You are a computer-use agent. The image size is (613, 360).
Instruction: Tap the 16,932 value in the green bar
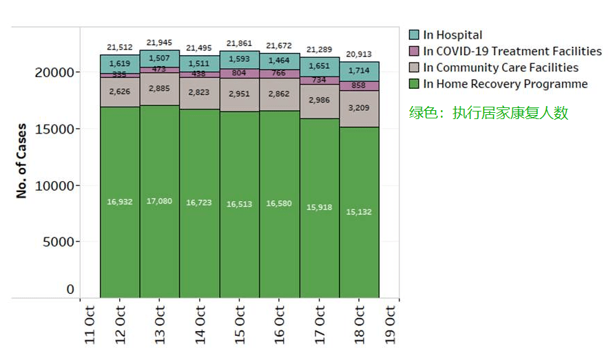(x=120, y=202)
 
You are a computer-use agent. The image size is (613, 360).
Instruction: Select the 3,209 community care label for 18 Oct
(x=360, y=108)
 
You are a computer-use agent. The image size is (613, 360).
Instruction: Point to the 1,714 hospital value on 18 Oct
(x=360, y=71)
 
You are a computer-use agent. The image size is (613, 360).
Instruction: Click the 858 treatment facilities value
(x=360, y=86)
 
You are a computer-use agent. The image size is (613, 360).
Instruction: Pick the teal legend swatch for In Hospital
(x=414, y=35)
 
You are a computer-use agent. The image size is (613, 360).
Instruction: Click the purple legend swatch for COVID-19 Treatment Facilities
(x=414, y=52)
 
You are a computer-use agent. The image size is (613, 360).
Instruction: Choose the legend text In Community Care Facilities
(x=501, y=67)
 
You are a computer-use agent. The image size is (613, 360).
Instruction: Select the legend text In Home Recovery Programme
(x=506, y=84)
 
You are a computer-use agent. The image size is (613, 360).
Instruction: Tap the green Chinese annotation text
(x=488, y=113)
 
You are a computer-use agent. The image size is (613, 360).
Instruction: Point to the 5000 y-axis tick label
(x=59, y=242)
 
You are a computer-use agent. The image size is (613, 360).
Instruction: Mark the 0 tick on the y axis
(x=70, y=290)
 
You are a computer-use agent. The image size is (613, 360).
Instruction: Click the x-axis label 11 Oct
(x=89, y=324)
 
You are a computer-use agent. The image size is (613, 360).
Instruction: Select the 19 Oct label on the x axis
(x=391, y=324)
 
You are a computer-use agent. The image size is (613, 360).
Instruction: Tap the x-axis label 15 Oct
(x=239, y=324)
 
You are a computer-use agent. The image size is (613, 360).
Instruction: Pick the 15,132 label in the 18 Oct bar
(x=360, y=212)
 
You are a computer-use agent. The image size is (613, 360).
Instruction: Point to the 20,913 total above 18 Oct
(x=360, y=54)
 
